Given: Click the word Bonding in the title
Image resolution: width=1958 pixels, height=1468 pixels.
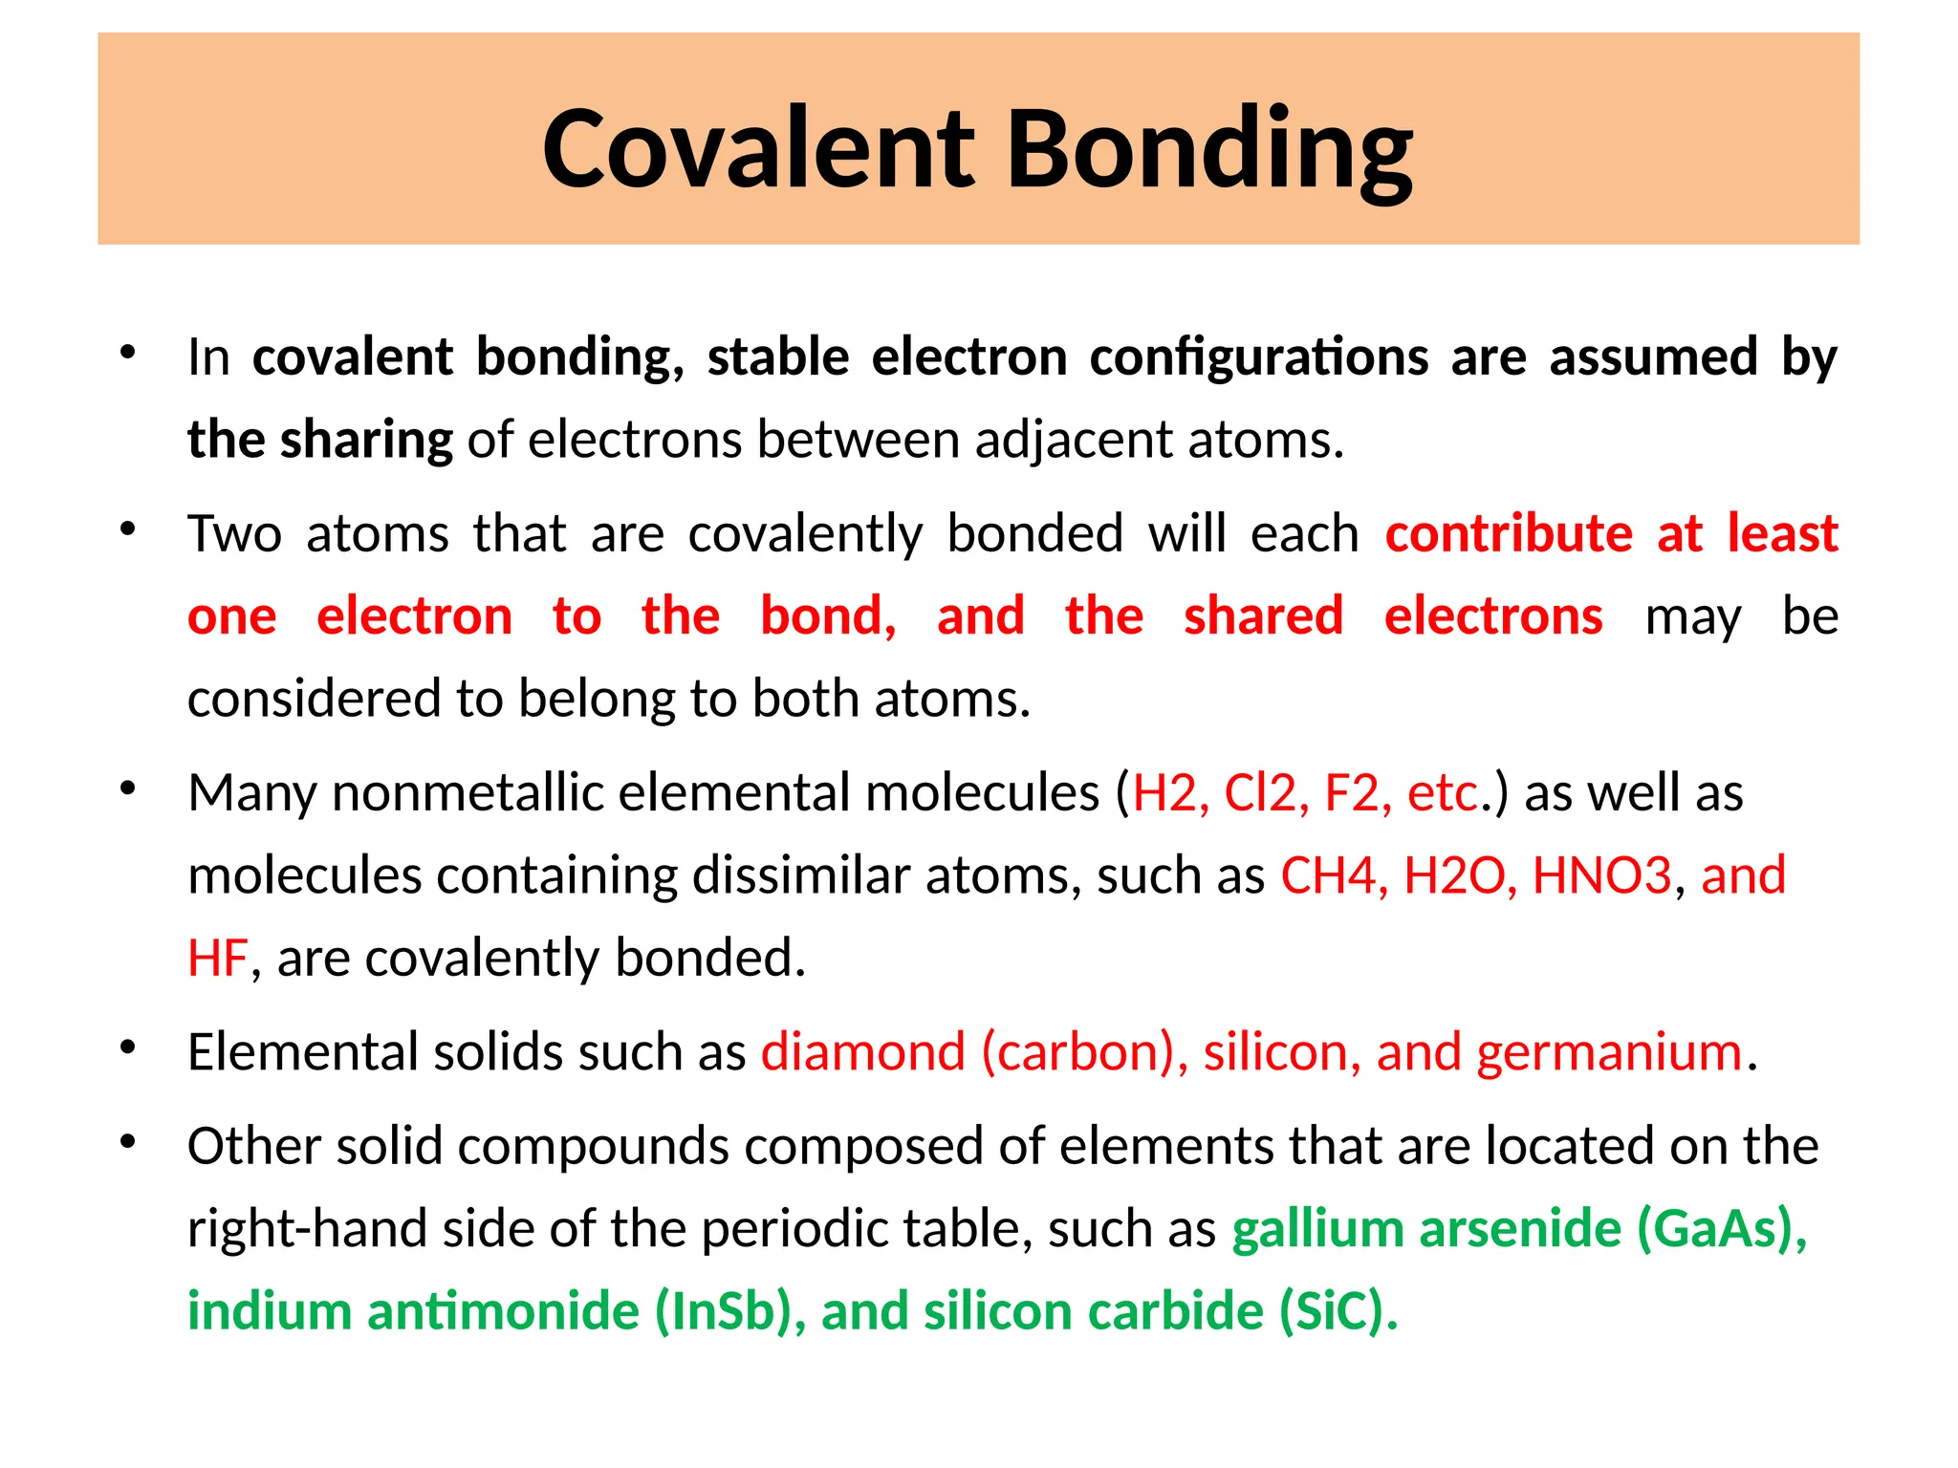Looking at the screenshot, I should [1208, 150].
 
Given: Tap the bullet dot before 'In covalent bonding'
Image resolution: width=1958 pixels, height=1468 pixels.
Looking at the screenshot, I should [128, 353].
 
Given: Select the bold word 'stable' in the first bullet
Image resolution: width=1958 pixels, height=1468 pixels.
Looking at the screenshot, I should [777, 357].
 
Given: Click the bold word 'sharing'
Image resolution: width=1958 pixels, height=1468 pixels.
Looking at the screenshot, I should [366, 441].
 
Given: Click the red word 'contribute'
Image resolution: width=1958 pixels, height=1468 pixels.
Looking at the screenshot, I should [1509, 533].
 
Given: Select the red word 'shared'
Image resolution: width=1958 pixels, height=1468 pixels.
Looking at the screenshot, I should [1263, 616].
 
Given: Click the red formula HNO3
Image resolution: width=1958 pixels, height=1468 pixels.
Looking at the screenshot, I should [1601, 875].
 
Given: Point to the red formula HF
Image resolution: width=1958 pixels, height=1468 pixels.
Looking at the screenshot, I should [217, 959].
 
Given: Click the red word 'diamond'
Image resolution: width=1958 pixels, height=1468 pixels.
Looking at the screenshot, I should [862, 1052].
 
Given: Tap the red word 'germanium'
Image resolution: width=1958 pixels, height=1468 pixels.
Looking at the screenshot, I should [1608, 1052].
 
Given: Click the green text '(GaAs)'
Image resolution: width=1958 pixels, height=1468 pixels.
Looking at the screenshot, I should [1721, 1229].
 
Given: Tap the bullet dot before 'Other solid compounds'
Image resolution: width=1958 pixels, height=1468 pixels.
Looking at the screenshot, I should [128, 1142].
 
